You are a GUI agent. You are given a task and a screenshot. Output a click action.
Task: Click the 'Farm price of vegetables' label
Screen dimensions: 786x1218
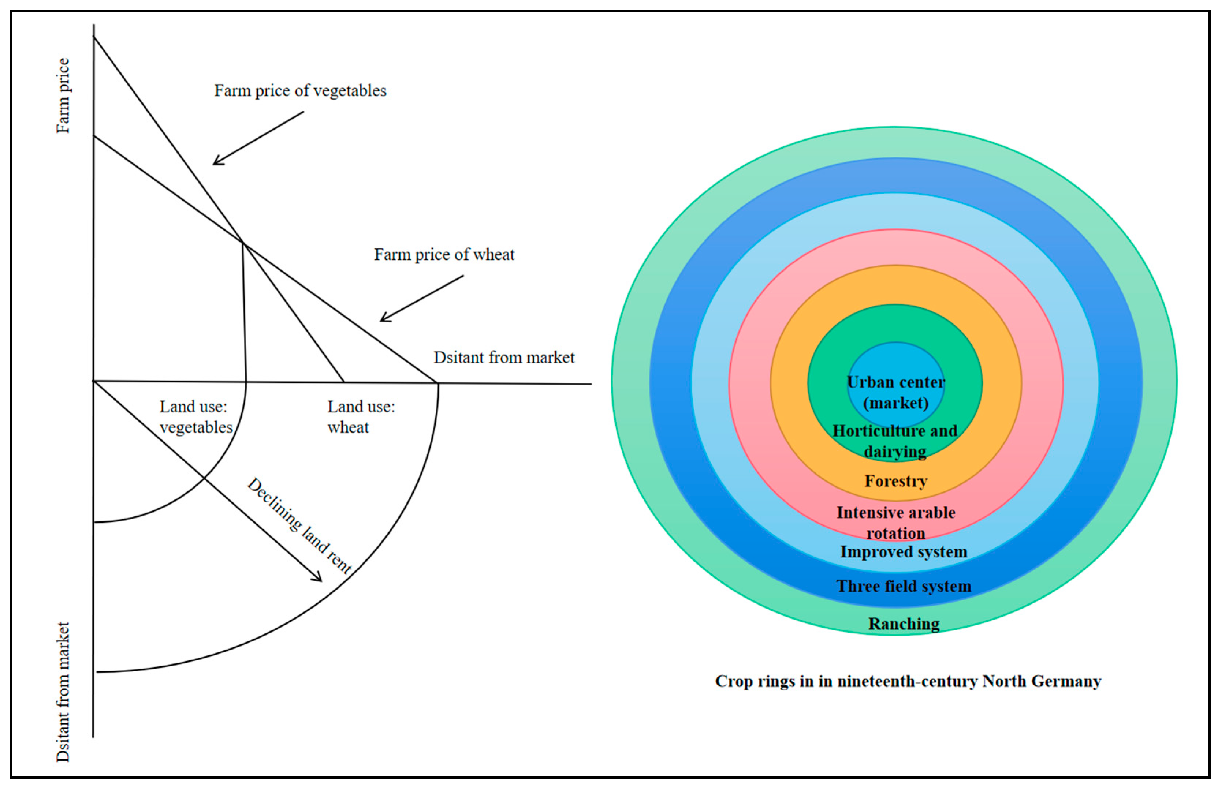tap(300, 91)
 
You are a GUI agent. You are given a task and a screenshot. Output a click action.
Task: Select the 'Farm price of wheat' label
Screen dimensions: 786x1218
tap(444, 255)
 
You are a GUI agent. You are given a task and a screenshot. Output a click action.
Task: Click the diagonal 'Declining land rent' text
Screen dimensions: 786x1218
tap(300, 526)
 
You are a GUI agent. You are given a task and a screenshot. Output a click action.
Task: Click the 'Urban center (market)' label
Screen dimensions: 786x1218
tap(895, 393)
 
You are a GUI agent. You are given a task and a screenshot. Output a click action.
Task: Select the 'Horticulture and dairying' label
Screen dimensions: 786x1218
tap(894, 441)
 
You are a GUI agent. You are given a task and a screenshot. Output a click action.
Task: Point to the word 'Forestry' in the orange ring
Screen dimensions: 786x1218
tap(895, 481)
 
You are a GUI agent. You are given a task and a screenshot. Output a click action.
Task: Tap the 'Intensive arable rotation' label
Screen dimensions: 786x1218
tap(895, 522)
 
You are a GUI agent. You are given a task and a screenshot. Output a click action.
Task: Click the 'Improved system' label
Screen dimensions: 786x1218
tap(903, 552)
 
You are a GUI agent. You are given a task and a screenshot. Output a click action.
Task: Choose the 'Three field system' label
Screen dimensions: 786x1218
tap(903, 586)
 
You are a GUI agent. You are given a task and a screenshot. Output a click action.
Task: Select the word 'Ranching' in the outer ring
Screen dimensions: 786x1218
tap(903, 624)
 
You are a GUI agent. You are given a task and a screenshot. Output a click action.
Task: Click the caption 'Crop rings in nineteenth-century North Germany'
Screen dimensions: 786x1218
tap(908, 681)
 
